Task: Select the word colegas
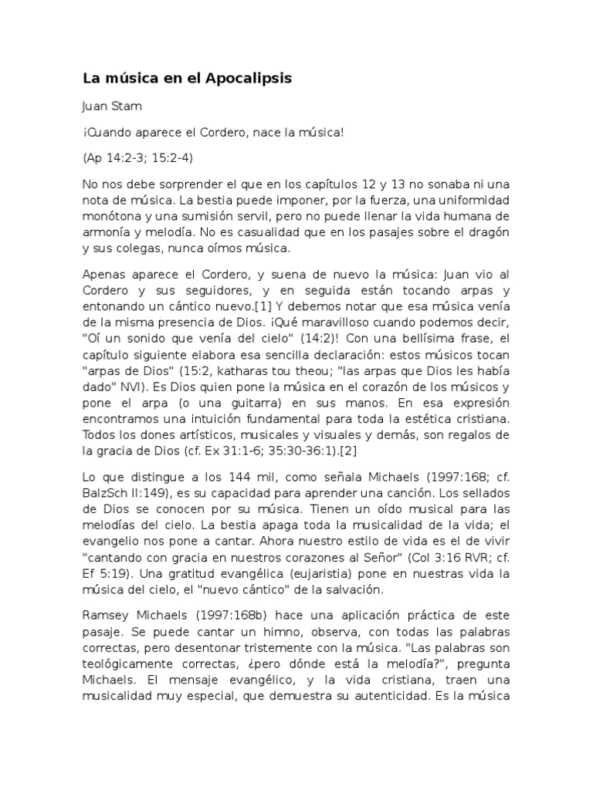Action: (x=151, y=248)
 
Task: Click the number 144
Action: (x=219, y=478)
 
